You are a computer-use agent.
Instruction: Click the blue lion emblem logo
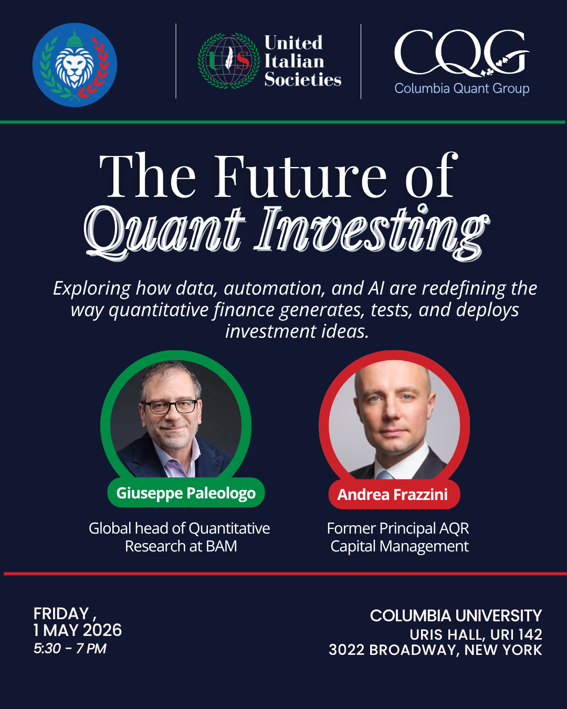[x=75, y=65]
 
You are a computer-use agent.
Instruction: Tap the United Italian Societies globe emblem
[x=229, y=60]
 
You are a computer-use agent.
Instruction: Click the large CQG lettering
[x=461, y=53]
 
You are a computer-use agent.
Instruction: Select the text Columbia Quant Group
[x=461, y=88]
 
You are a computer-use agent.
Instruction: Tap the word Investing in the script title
[x=371, y=232]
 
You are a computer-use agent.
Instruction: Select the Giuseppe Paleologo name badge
[x=186, y=493]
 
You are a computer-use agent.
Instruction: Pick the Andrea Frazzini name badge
[x=394, y=494]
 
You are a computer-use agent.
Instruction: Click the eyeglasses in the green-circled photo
[x=171, y=406]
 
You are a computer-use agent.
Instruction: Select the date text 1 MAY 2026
[x=78, y=630]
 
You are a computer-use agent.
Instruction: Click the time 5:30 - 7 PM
[x=70, y=649]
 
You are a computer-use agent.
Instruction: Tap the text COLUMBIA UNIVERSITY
[x=456, y=616]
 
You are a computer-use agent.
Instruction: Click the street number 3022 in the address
[x=346, y=650]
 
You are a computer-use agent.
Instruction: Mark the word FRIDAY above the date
[x=61, y=613]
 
